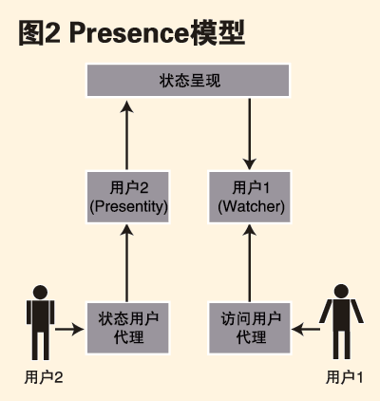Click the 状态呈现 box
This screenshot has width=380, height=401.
pyautogui.click(x=188, y=80)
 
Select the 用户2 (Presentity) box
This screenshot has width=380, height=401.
pyautogui.click(x=127, y=197)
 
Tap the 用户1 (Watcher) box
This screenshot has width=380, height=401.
pyautogui.click(x=250, y=197)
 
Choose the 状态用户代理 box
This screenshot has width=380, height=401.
pyautogui.click(x=127, y=328)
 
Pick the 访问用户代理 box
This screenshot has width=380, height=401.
pyautogui.click(x=250, y=328)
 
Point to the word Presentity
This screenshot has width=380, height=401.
pyautogui.click(x=128, y=206)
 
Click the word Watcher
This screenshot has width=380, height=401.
pyautogui.click(x=251, y=206)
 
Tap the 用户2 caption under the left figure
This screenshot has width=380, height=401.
pyautogui.click(x=44, y=377)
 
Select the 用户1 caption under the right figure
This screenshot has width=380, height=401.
pyautogui.click(x=345, y=377)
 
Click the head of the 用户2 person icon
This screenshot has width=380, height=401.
pyautogui.click(x=40, y=293)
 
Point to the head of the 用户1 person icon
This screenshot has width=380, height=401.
pyautogui.click(x=341, y=292)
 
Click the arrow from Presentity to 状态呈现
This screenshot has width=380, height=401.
pyautogui.click(x=127, y=135)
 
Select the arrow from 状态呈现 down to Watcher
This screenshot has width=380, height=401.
pyautogui.click(x=250, y=134)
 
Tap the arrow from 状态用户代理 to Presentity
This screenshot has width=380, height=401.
pyautogui.click(x=127, y=263)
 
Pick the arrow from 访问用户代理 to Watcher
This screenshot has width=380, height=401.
pyautogui.click(x=250, y=263)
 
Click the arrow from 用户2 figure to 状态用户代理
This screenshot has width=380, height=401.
pyautogui.click(x=69, y=330)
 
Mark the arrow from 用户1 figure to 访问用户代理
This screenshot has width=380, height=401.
pyautogui.click(x=306, y=330)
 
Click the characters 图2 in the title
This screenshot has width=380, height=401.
pyautogui.click(x=40, y=33)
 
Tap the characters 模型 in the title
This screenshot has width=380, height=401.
pyautogui.click(x=218, y=33)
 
